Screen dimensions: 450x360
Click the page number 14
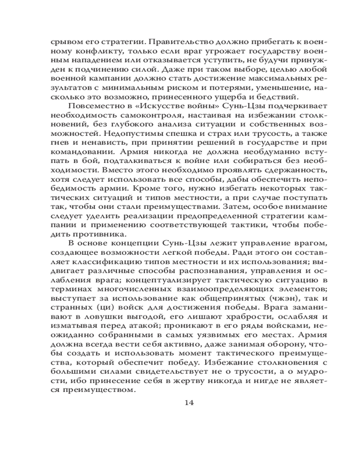tap(189, 402)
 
